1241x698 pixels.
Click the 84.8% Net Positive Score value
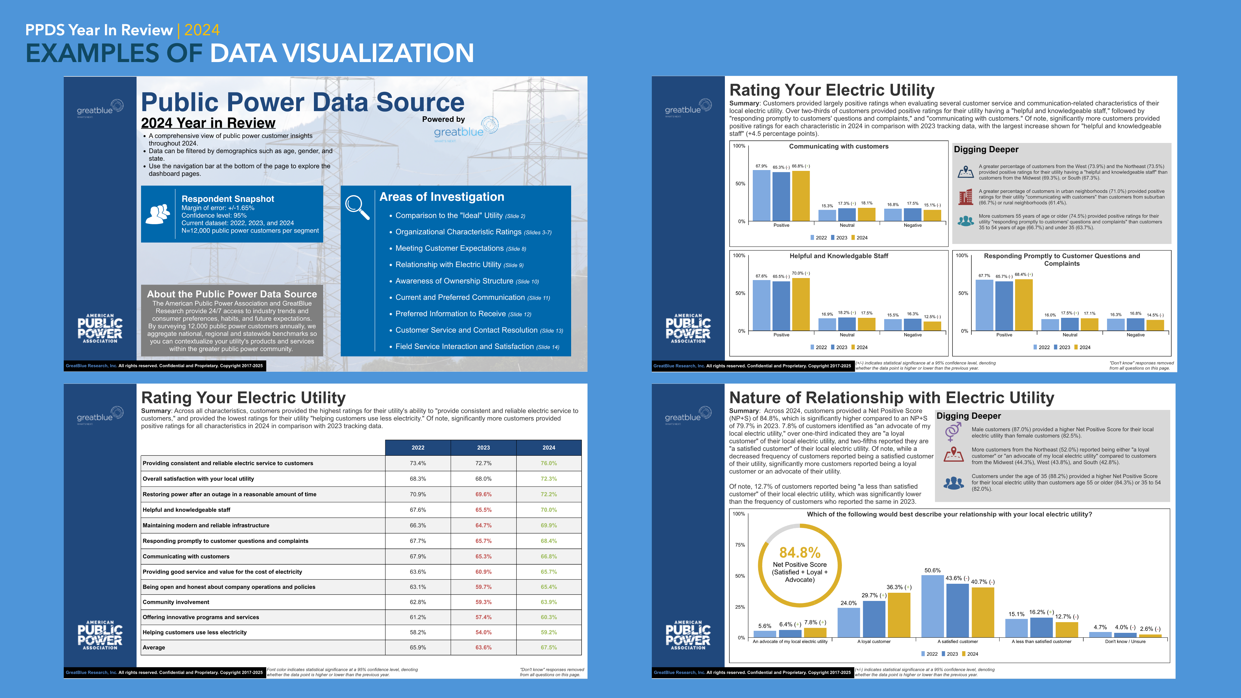[800, 552]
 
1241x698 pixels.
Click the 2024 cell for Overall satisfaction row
[549, 479]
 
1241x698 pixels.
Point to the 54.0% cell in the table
[483, 633]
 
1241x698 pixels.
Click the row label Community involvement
[176, 602]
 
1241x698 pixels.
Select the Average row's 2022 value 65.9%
[418, 648]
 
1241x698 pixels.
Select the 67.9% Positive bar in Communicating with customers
[761, 195]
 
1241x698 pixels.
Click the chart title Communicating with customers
[838, 146]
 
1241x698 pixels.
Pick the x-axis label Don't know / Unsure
[1125, 642]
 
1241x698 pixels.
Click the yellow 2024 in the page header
[202, 30]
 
